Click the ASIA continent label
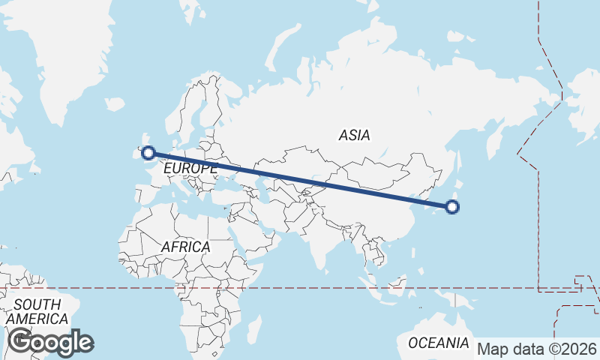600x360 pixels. tap(354, 136)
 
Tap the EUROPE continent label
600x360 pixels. tap(190, 169)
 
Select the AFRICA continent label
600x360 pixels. tap(185, 247)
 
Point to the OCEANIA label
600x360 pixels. tap(438, 343)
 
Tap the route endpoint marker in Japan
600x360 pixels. tap(452, 207)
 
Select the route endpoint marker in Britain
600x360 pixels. tap(148, 153)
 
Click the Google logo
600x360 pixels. tap(50, 342)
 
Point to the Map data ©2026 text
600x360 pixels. tap(537, 349)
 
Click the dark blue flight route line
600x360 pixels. tap(300, 180)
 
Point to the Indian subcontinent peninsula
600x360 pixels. tap(322, 240)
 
